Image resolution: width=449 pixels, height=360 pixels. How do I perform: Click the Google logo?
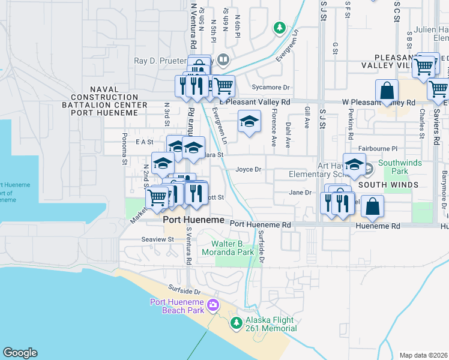pyautogui.click(x=20, y=353)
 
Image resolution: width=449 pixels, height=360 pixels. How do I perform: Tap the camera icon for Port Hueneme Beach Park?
pyautogui.click(x=212, y=307)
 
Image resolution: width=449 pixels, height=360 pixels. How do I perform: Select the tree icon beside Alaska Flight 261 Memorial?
pyautogui.click(x=237, y=323)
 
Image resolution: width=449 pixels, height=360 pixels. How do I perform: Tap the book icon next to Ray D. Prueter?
pyautogui.click(x=223, y=59)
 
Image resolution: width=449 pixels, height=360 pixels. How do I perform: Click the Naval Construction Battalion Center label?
pyautogui.click(x=109, y=97)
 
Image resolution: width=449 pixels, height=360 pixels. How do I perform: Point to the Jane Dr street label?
pyautogui.click(x=300, y=193)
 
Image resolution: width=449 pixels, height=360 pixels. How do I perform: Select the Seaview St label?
pyautogui.click(x=157, y=239)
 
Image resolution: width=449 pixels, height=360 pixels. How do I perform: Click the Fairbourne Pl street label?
pyautogui.click(x=378, y=148)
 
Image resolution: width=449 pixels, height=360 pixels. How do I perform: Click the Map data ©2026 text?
pyautogui.click(x=424, y=355)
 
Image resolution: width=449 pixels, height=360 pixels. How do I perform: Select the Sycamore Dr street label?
pyautogui.click(x=271, y=86)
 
